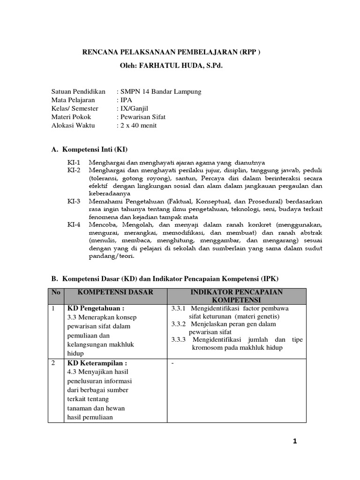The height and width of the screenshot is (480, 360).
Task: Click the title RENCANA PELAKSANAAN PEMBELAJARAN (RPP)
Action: (x=171, y=52)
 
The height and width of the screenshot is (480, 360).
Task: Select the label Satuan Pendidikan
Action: (x=78, y=91)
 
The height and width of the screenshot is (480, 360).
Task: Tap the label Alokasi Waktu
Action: (x=73, y=125)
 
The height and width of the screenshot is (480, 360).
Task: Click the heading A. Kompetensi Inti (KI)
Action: (x=90, y=150)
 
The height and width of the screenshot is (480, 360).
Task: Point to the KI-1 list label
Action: (x=74, y=162)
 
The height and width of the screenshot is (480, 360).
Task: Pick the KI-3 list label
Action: (x=74, y=201)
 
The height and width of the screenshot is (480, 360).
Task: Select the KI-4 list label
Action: (x=74, y=225)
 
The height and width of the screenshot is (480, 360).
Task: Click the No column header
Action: (x=56, y=292)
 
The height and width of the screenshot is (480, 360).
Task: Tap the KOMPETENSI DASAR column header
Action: (x=115, y=292)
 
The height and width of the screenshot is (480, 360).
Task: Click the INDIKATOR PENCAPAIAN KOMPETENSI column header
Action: (x=237, y=295)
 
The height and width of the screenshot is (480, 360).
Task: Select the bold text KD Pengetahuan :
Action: (x=97, y=308)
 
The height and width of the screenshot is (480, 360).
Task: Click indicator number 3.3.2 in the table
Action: (x=179, y=324)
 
